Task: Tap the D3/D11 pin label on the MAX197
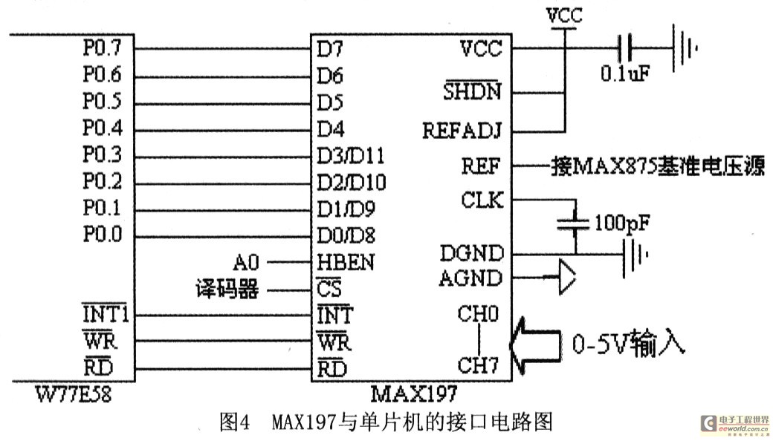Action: (x=352, y=156)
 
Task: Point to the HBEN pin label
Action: (x=346, y=263)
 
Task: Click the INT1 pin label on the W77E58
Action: (x=105, y=316)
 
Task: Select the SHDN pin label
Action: (x=472, y=93)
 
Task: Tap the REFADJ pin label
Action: (x=462, y=131)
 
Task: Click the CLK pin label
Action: (x=481, y=200)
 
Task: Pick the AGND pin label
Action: (x=472, y=278)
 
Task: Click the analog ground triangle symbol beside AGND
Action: (x=566, y=279)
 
